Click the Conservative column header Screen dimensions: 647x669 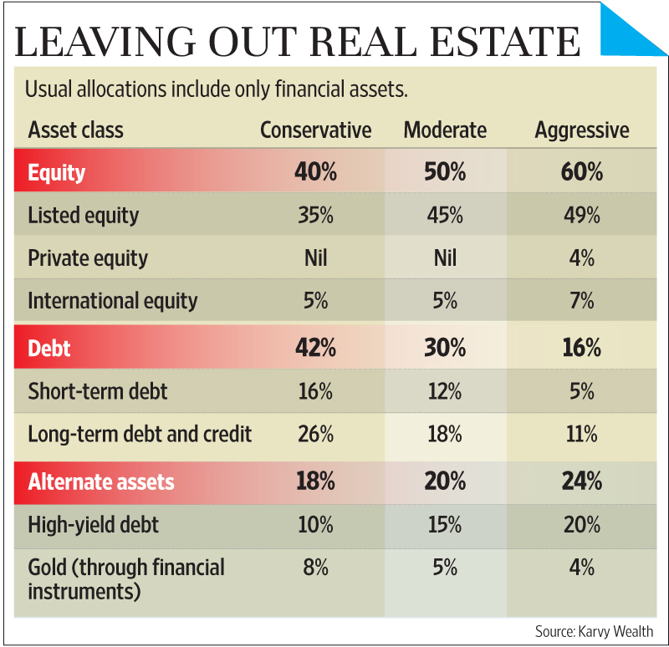point(315,130)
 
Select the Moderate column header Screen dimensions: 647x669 point(445,130)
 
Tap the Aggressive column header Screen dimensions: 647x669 point(581,130)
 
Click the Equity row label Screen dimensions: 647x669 point(57,173)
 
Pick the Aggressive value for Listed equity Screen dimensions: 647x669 point(581,215)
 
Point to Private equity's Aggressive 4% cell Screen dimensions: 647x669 point(581,257)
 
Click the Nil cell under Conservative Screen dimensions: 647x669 point(315,257)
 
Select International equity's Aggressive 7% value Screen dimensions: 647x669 point(581,300)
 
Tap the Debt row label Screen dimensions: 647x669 point(49,349)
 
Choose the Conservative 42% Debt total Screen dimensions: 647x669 point(315,349)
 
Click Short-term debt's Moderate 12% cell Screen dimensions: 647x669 point(445,391)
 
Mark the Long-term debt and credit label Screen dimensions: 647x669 point(140,435)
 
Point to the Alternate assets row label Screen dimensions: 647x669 point(101,482)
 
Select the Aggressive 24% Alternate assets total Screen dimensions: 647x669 point(581,482)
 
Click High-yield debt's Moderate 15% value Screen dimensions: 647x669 point(445,525)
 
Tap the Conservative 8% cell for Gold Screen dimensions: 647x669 point(315,568)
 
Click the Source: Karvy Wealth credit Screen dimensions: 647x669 point(594,631)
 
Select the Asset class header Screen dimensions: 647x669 point(75,130)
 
